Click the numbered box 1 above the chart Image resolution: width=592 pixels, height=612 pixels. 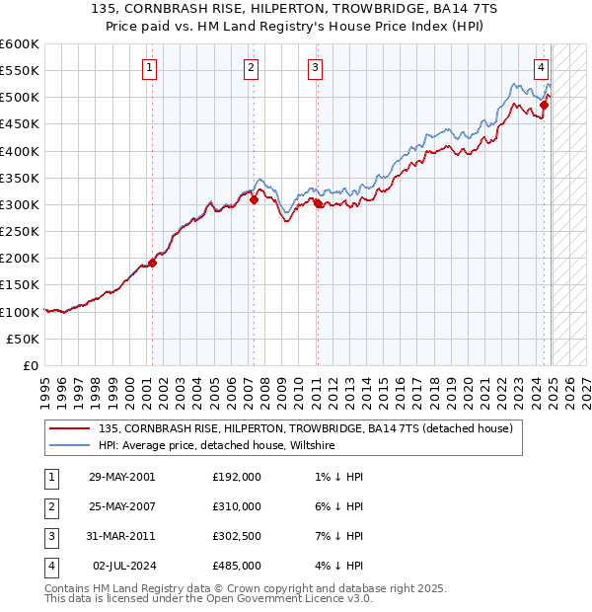click(148, 68)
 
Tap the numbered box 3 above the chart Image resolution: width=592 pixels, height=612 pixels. click(314, 68)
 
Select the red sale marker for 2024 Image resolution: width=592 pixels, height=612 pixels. click(544, 105)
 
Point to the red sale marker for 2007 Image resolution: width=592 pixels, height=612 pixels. click(254, 199)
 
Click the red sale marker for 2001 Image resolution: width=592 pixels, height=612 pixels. click(152, 263)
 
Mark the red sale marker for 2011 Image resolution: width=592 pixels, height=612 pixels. click(318, 203)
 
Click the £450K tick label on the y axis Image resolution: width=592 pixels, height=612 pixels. click(20, 124)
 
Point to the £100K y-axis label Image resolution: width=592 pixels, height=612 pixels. click(20, 312)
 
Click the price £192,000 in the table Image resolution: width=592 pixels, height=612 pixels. click(237, 476)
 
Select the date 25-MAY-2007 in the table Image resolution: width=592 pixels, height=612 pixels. click(121, 506)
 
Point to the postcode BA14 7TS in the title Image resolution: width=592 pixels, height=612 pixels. click(436, 11)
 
